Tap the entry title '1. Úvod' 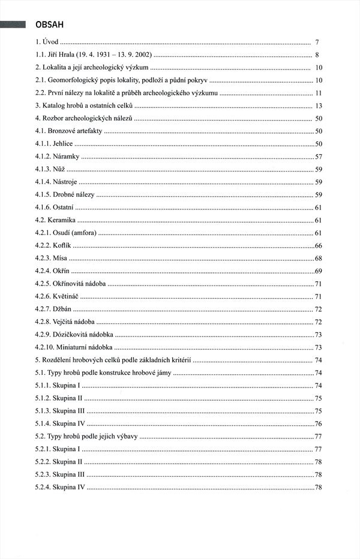[47, 43]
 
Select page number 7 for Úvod [316, 43]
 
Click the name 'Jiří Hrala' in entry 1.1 [63, 55]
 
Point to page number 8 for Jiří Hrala [316, 55]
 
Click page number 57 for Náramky [319, 157]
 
